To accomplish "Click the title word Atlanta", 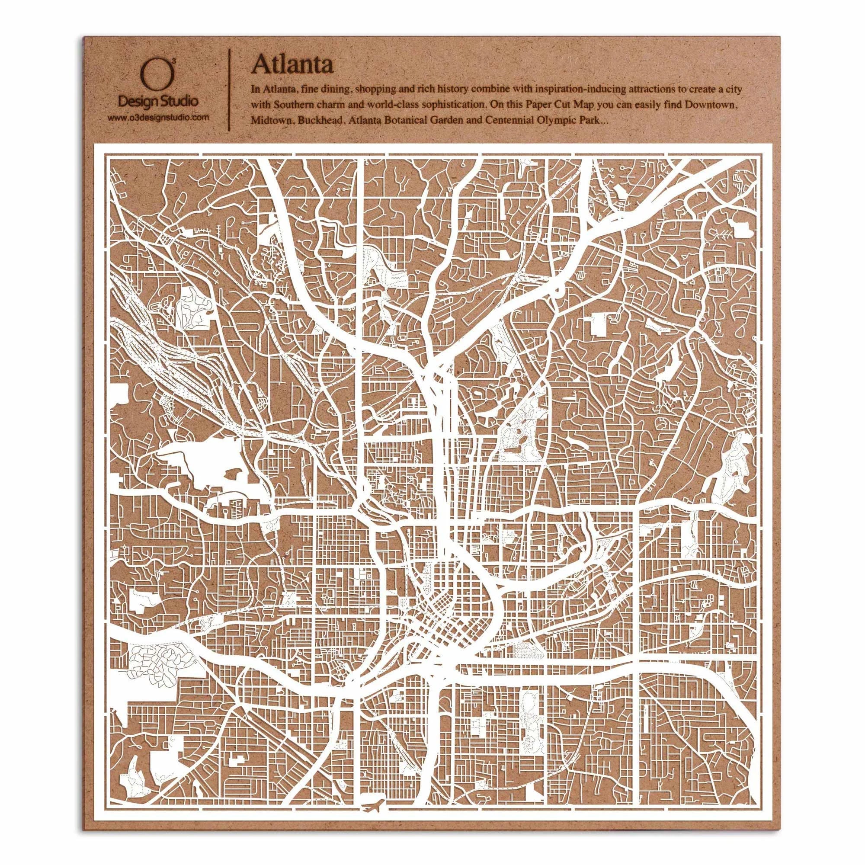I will tap(292, 64).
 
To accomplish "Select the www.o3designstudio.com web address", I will tap(158, 118).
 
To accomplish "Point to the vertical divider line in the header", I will tap(230, 89).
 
